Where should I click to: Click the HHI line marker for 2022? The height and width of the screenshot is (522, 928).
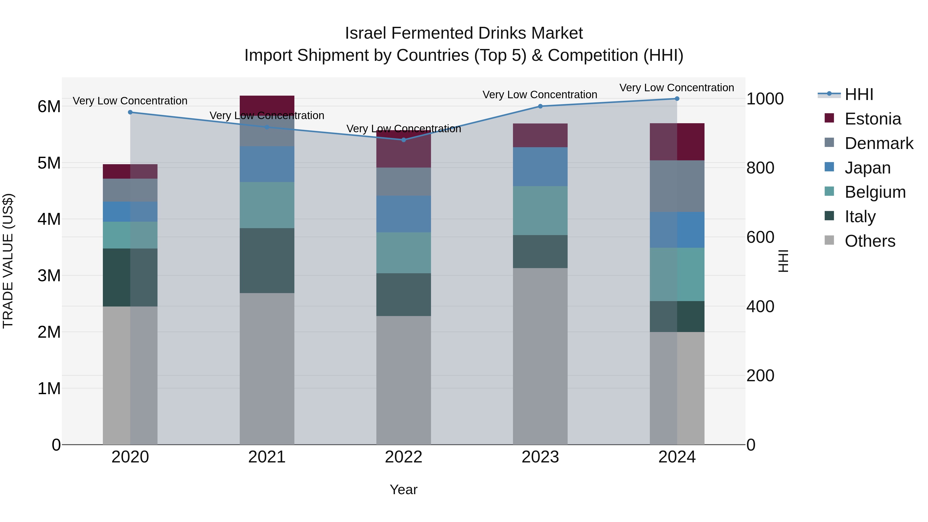click(403, 140)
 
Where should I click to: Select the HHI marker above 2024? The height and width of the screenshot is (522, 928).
click(677, 99)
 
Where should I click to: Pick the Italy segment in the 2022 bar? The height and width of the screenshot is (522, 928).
click(403, 294)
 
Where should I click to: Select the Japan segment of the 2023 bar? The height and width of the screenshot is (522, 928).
click(540, 167)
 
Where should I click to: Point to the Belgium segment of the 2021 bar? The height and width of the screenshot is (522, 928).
click(267, 205)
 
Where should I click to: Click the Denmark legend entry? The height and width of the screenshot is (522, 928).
click(879, 143)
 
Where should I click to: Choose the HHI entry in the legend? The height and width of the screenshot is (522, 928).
click(859, 94)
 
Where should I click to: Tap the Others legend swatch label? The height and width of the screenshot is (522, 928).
click(870, 241)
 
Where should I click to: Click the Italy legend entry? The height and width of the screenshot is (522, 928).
click(860, 217)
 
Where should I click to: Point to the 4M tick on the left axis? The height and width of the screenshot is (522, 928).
click(49, 219)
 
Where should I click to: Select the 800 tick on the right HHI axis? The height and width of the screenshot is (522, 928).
click(760, 168)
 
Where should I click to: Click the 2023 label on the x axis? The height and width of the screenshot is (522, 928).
click(540, 457)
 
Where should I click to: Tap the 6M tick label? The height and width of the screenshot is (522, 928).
click(49, 107)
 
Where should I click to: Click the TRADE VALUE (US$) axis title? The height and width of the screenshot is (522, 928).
click(8, 261)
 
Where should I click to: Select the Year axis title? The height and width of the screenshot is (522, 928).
click(403, 490)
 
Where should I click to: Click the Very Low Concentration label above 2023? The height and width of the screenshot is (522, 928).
click(540, 95)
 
